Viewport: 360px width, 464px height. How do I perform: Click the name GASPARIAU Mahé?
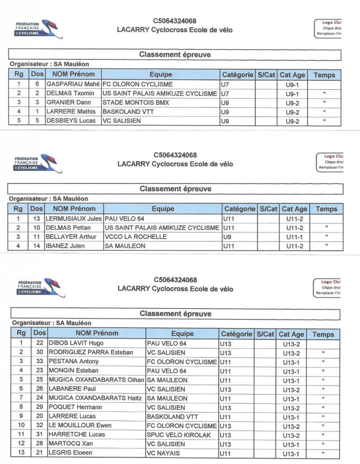73,84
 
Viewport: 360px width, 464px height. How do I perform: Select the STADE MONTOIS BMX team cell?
135,102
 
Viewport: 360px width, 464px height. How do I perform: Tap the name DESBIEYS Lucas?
71,121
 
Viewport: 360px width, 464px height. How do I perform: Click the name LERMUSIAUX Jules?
75,218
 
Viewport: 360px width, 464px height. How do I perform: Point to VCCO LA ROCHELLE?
135,237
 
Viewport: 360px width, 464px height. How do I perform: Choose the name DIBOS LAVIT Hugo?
77,343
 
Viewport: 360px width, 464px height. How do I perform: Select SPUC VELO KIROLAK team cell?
176,435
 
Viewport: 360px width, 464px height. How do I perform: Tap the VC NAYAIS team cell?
163,453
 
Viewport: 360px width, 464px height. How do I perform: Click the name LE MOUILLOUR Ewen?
80,425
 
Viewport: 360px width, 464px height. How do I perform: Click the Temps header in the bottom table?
323,334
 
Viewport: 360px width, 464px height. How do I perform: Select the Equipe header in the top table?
161,75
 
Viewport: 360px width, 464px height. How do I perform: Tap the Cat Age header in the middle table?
294,209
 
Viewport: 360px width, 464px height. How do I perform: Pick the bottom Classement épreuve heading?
175,314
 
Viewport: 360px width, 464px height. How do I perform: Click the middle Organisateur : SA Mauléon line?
48,198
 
